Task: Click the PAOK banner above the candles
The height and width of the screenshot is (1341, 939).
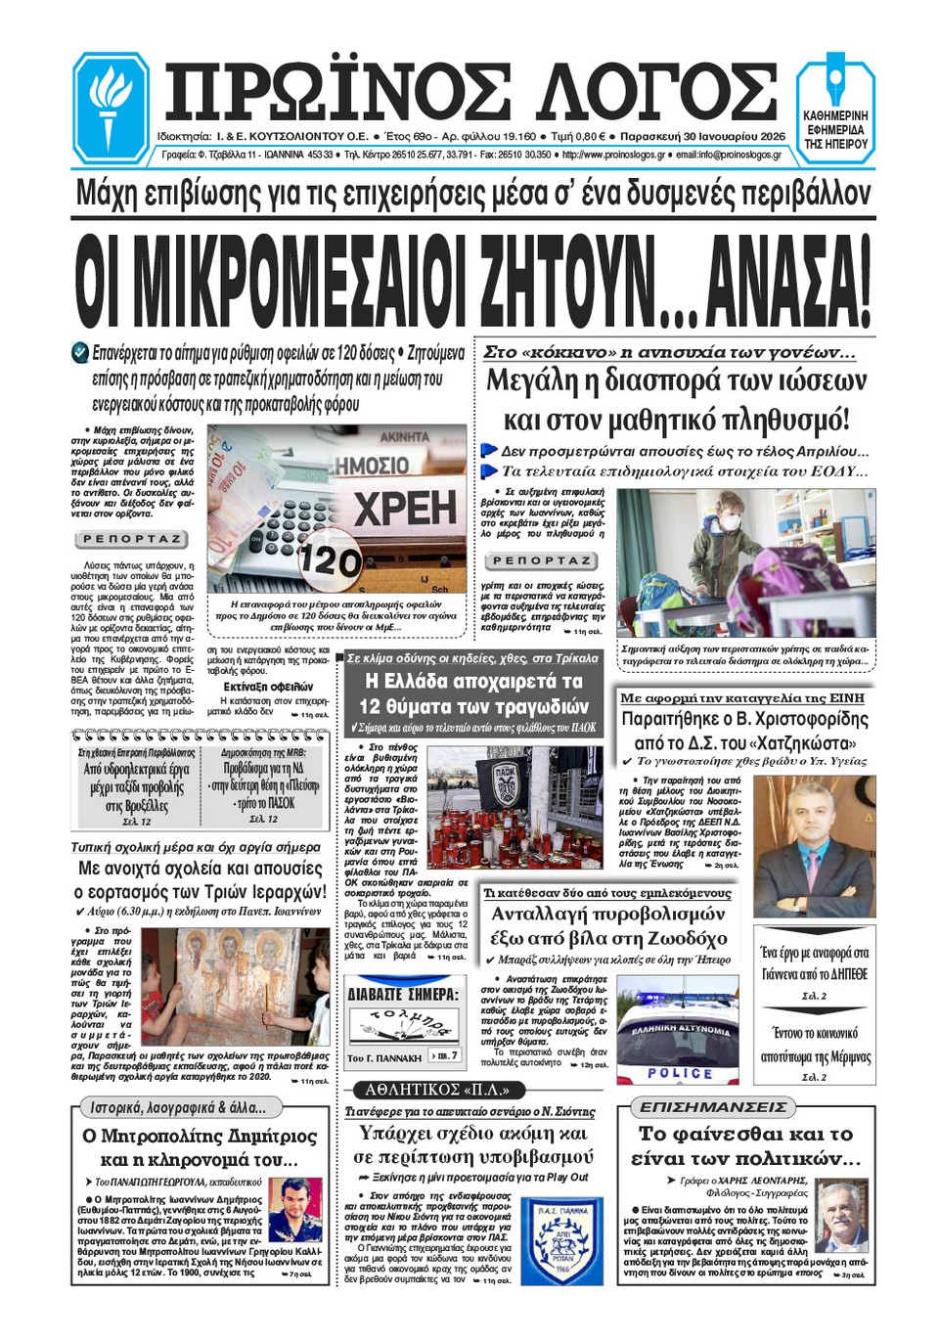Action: (505, 774)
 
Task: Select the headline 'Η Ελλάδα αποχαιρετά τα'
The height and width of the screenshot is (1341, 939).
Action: (473, 681)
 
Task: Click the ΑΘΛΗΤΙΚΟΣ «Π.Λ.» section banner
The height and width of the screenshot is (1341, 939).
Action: (429, 1089)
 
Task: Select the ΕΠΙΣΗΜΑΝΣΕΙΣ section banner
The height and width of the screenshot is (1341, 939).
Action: (713, 1106)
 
